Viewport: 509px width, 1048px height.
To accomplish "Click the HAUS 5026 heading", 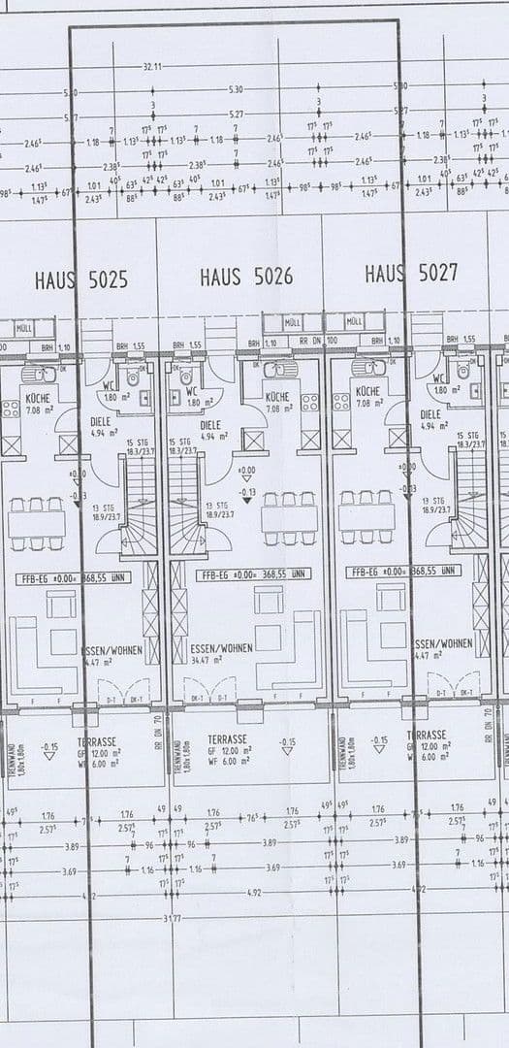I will click(246, 278).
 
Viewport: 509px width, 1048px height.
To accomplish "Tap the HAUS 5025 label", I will click(80, 280).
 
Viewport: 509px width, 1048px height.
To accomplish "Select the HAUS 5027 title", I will click(411, 274).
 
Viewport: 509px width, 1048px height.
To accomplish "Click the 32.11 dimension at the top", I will click(152, 66).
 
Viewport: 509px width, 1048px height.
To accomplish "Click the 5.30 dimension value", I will click(237, 89).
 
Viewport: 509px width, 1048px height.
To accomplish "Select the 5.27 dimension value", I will click(237, 115).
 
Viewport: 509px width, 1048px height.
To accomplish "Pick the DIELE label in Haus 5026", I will click(210, 425).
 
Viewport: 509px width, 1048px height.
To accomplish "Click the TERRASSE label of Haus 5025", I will click(97, 741).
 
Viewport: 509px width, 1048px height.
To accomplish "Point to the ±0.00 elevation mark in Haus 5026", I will click(246, 471).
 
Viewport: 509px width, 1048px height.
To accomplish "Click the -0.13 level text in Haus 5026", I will click(246, 492).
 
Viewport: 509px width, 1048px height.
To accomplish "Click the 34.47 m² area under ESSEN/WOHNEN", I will click(205, 660).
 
